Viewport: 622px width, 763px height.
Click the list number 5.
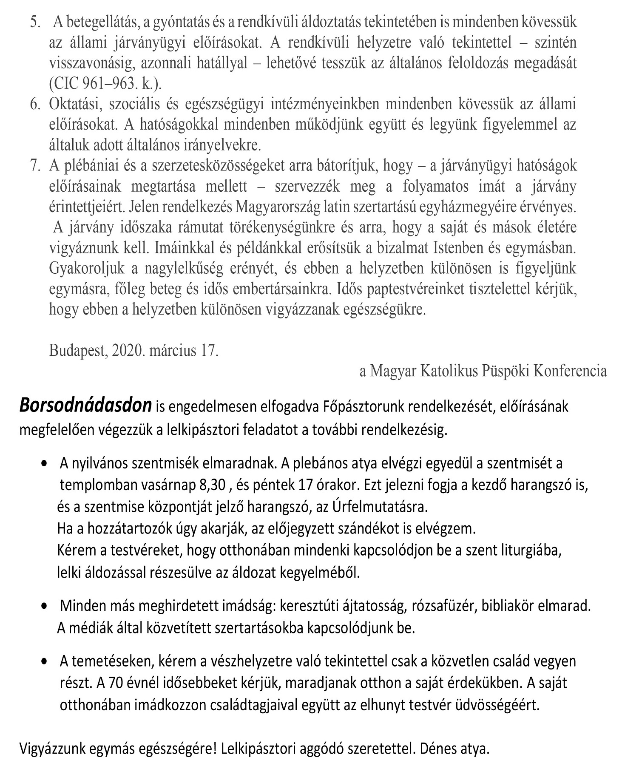point(34,23)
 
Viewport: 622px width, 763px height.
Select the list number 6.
point(34,105)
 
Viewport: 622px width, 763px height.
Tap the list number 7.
point(34,166)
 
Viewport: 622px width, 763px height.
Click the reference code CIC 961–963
point(93,84)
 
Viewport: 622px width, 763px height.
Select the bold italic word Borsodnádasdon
point(85,406)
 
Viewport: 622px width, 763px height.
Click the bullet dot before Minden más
point(44,607)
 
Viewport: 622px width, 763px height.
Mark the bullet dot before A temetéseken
point(44,662)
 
